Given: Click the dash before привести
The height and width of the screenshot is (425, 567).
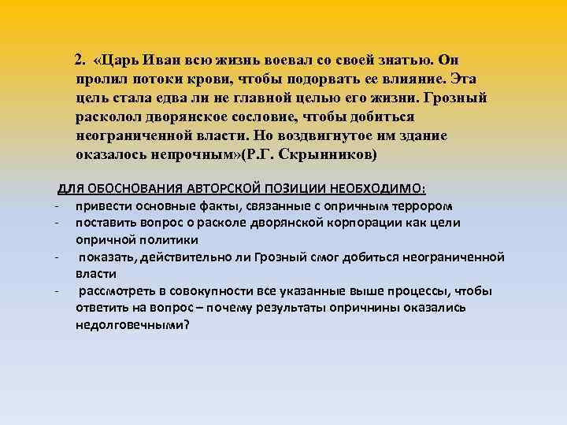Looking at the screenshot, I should click(58, 206).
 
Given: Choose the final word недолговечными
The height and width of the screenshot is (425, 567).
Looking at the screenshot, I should click(132, 324).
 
